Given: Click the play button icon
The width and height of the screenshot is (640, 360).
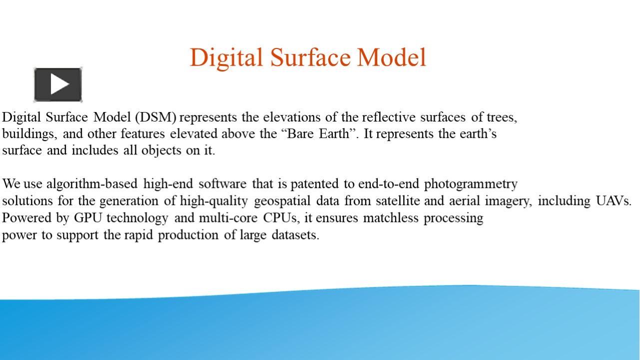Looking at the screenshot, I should pos(58,84).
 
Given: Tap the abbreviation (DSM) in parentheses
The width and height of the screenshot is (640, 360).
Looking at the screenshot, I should pos(155,117).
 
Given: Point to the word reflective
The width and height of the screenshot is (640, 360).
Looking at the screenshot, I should pos(389,117).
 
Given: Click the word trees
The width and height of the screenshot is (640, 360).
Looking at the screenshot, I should pos(502,117).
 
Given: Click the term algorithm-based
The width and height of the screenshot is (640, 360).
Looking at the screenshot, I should pos(92,184).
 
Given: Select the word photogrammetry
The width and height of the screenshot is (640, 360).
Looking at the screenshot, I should pos(471,184).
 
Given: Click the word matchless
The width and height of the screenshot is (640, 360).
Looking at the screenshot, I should pos(391,218).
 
